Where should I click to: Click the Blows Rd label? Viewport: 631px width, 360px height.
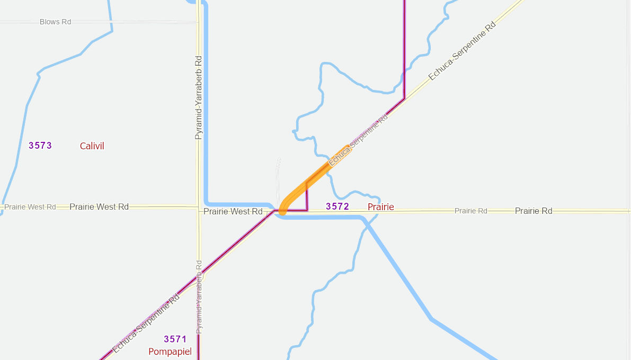tap(55, 22)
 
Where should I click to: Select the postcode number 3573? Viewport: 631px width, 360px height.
tap(40, 146)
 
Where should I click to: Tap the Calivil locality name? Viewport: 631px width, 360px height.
tap(92, 146)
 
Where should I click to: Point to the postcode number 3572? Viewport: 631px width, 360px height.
tap(337, 206)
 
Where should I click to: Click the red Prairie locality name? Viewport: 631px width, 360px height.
tap(381, 207)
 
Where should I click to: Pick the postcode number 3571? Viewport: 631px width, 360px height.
tap(175, 339)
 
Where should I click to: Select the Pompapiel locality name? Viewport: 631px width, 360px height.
tap(170, 352)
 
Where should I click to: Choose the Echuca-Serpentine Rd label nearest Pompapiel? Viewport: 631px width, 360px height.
tap(146, 323)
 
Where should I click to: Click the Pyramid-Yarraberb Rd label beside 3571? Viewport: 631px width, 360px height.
tap(199, 297)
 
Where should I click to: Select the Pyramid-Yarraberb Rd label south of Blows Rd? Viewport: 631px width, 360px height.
tap(199, 97)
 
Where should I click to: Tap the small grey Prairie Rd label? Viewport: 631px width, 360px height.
tap(470, 211)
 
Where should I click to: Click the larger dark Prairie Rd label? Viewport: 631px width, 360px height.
tap(534, 211)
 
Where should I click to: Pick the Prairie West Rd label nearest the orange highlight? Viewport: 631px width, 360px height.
tap(233, 211)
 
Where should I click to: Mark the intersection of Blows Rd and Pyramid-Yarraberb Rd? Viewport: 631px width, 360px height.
tap(198, 22)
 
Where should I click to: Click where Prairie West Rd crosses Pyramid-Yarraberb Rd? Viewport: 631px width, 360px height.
tap(198, 207)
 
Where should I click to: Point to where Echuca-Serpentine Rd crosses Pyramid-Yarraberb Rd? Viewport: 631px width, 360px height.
tap(201, 274)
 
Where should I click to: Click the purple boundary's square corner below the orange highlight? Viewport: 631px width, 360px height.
tap(307, 210)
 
